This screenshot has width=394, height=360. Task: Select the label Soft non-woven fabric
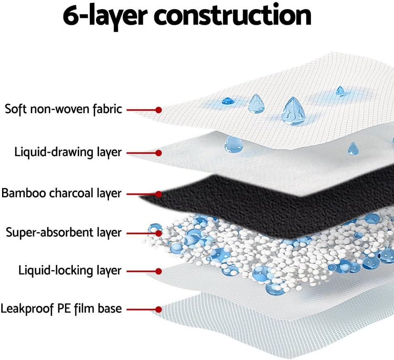pyautogui.click(x=63, y=109)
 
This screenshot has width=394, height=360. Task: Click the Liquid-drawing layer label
pyautogui.click(x=68, y=152)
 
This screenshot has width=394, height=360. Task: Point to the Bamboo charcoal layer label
pyautogui.click(x=62, y=193)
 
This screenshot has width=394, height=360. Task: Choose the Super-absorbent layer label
pyautogui.click(x=64, y=232)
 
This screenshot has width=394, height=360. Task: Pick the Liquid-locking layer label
pyautogui.click(x=70, y=271)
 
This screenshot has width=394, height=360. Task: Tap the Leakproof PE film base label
pyautogui.click(x=61, y=309)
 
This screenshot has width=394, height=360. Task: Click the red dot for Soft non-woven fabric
pyautogui.click(x=158, y=110)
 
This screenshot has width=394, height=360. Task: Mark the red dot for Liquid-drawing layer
pyautogui.click(x=158, y=153)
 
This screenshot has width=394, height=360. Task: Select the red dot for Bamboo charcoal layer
pyautogui.click(x=158, y=193)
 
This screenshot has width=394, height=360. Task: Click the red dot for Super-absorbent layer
pyautogui.click(x=158, y=232)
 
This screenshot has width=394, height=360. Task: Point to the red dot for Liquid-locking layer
pyautogui.click(x=158, y=271)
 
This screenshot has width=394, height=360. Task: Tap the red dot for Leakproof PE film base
pyautogui.click(x=158, y=309)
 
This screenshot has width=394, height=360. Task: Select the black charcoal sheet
pyautogui.click(x=248, y=203)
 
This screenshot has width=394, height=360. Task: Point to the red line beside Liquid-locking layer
pyautogui.click(x=141, y=271)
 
